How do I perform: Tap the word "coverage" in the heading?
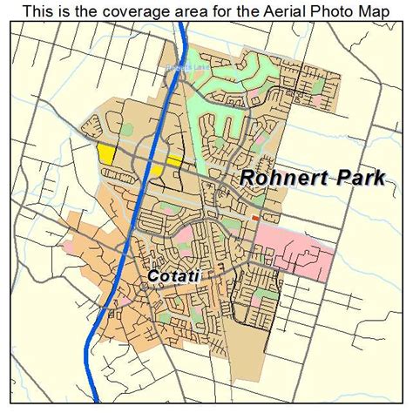click(135, 10)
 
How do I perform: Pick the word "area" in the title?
click(191, 10)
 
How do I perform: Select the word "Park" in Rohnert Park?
click(344, 177)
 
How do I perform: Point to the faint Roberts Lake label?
click(182, 66)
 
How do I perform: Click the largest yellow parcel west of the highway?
click(107, 153)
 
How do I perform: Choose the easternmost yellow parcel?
click(174, 160)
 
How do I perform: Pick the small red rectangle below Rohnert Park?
click(254, 218)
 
